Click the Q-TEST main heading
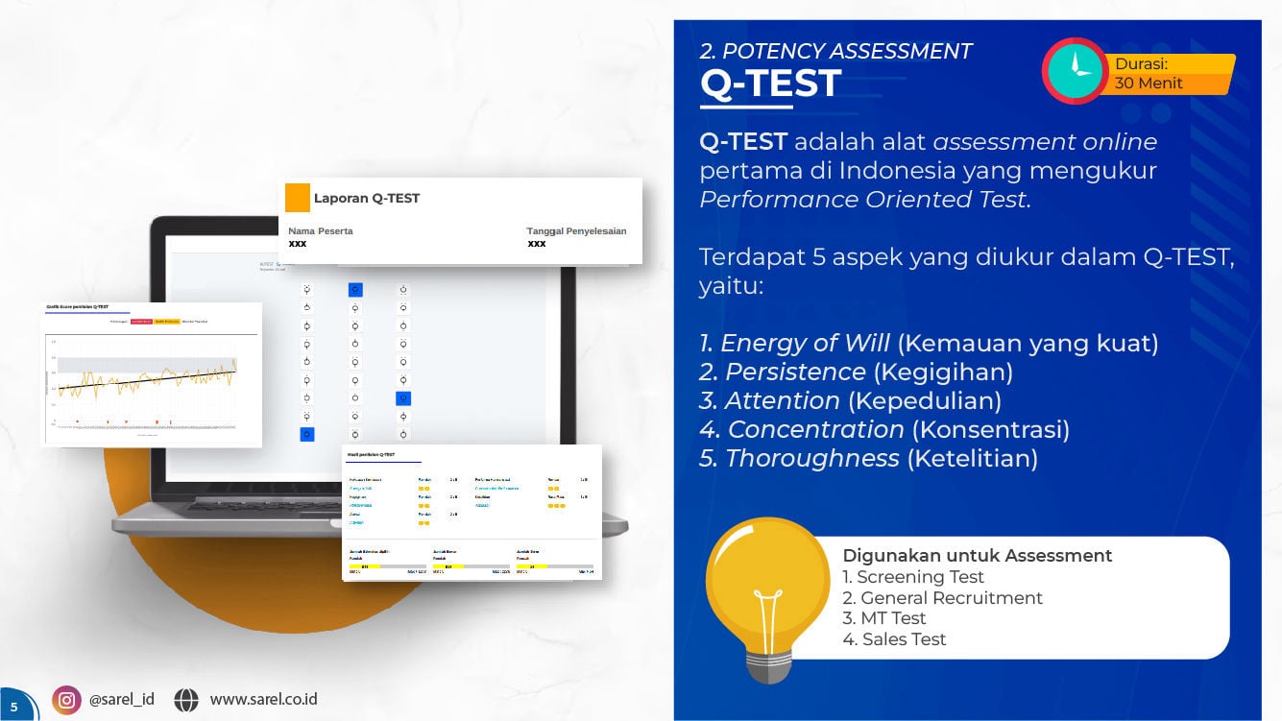point(770,84)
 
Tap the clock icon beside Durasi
point(1076,71)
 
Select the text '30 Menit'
point(1148,84)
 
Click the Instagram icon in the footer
point(66,700)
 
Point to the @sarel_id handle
point(121,700)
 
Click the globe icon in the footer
point(186,700)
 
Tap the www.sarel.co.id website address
point(263,700)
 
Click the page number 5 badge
point(13,707)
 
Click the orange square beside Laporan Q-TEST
point(298,198)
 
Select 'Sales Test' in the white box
point(894,639)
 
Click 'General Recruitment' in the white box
point(942,598)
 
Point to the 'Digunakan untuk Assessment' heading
point(977,556)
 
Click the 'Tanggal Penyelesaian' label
point(576,231)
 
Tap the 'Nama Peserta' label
point(321,231)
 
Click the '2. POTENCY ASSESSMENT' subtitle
point(835,51)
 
